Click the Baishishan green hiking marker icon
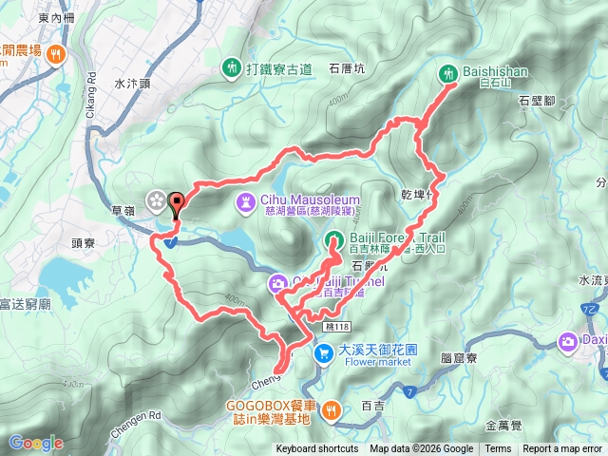[x=449, y=72]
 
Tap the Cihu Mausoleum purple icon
[x=246, y=201]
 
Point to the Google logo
[x=35, y=443]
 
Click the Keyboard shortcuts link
[x=317, y=449]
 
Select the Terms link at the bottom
[x=498, y=449]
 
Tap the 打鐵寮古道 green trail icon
[x=232, y=68]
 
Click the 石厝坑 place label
[x=348, y=68]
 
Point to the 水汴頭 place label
[x=133, y=84]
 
